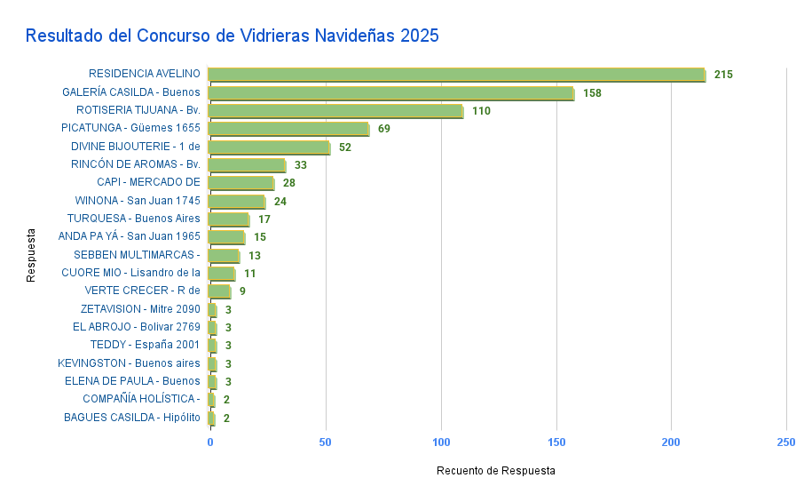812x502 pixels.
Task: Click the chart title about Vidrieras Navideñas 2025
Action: (232, 36)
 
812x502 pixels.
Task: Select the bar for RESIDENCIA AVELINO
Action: (456, 75)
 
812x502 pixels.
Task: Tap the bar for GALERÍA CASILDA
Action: (390, 92)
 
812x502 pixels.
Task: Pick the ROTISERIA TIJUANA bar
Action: (335, 111)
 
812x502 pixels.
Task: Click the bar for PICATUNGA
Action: (288, 129)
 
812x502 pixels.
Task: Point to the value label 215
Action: (723, 75)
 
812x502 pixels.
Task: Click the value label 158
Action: (592, 93)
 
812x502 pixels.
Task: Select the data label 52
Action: (345, 147)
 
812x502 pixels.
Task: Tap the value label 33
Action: (300, 165)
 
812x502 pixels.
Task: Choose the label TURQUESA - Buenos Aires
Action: (134, 219)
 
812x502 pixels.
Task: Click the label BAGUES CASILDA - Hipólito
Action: (132, 418)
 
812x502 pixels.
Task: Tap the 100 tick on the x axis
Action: (441, 442)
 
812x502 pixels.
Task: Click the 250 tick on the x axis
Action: (785, 442)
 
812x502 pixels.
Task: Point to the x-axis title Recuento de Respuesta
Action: (496, 471)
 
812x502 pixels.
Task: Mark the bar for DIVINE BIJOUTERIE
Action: (268, 147)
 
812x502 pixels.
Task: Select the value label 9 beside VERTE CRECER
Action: (242, 291)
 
